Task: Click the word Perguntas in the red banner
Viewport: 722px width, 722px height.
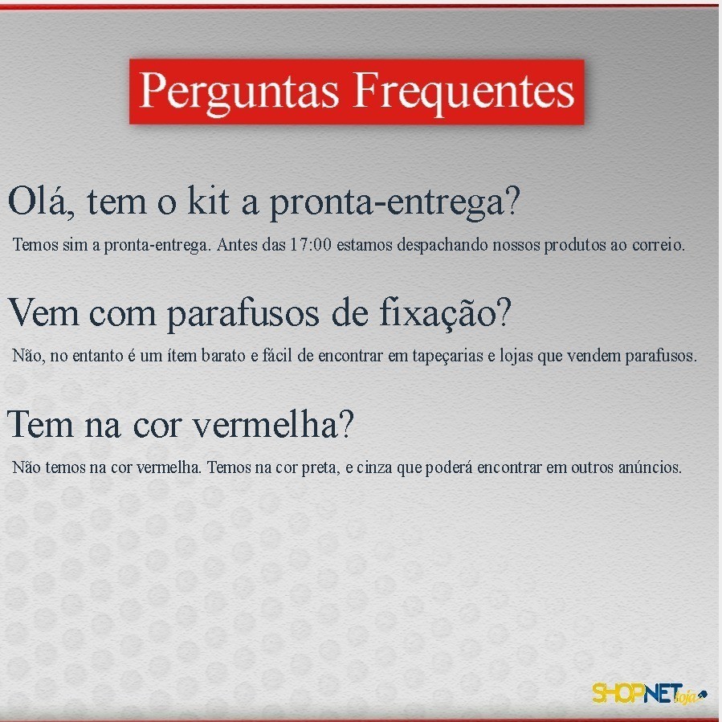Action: point(239,92)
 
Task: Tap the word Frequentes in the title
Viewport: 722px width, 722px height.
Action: point(464,92)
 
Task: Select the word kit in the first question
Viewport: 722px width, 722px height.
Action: point(208,201)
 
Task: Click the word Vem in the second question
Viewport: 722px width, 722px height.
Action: point(43,313)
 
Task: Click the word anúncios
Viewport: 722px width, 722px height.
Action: point(650,467)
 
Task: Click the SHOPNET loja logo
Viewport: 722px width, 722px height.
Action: point(649,693)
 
